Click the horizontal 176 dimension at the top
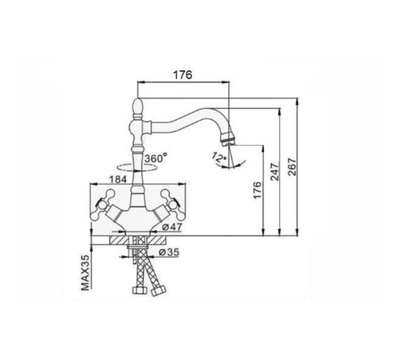(182, 75)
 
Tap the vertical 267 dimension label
(292, 167)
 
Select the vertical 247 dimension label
(274, 172)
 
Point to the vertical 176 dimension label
(258, 190)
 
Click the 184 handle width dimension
(118, 179)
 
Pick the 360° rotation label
(156, 158)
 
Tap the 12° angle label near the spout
(219, 157)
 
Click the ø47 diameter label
(172, 227)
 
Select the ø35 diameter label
(169, 252)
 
